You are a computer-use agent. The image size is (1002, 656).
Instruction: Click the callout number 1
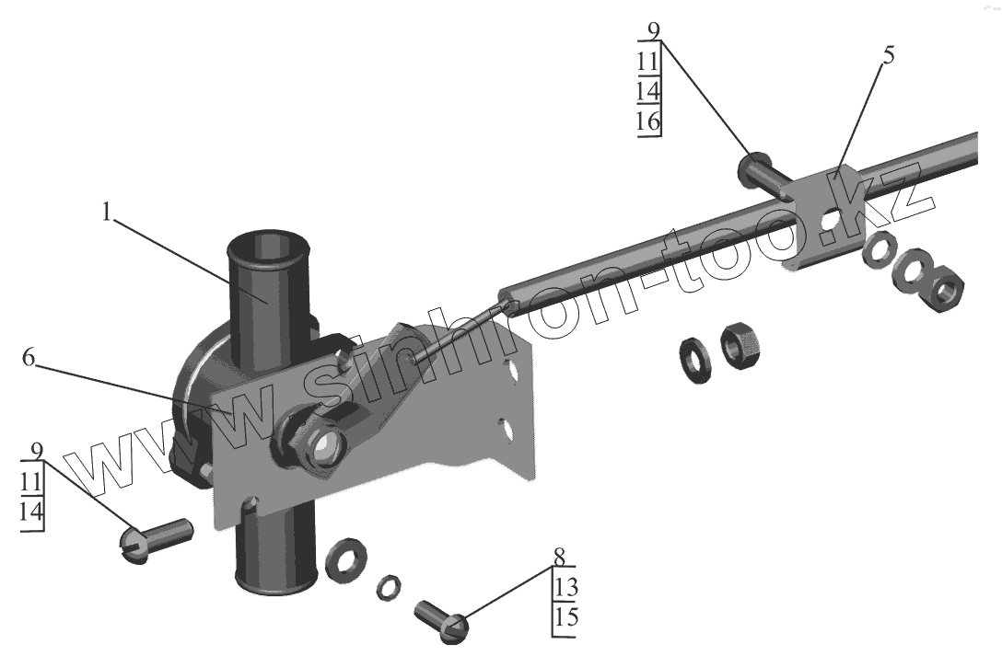pos(107,213)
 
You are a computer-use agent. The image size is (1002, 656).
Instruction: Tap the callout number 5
pos(888,55)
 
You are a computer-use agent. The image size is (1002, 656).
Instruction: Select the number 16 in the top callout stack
pos(648,121)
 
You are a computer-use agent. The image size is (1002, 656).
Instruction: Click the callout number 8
pos(560,557)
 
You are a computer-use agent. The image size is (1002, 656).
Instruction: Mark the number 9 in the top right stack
pos(653,30)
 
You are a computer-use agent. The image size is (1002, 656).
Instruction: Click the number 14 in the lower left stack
pos(31,512)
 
